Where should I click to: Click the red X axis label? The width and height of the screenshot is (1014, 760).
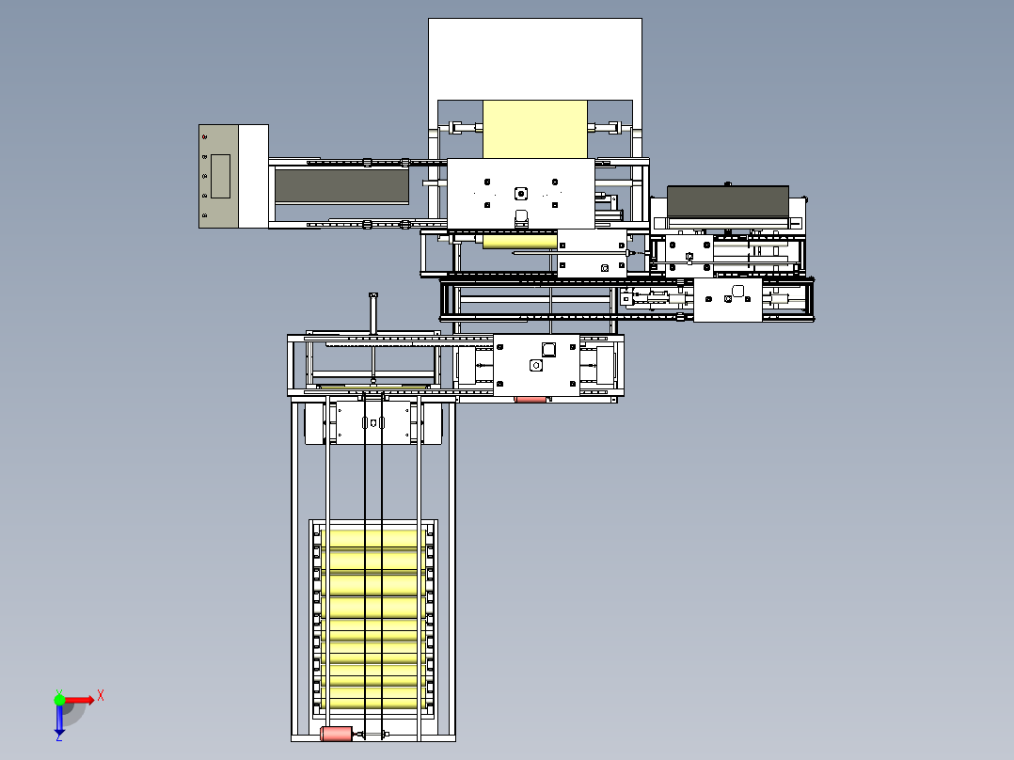pos(100,696)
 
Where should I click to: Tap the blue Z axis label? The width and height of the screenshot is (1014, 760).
pos(58,736)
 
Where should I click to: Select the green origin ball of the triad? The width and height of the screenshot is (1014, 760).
pos(59,700)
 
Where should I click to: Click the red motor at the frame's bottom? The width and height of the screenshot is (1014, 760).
pos(336,734)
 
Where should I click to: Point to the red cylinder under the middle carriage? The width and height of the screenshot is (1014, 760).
pos(531,400)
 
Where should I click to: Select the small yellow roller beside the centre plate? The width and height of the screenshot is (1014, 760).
pos(519,243)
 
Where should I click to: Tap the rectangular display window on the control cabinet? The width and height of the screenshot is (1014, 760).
pos(220,176)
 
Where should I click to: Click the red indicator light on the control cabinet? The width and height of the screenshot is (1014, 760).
pos(204,138)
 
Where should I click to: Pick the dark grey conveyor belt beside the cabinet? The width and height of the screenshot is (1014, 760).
pos(341,186)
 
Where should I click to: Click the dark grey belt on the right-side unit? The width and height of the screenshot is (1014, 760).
pos(727,200)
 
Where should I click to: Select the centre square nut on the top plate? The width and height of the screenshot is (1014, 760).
pos(520,194)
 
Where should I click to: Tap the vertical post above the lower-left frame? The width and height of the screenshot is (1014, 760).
pos(372,313)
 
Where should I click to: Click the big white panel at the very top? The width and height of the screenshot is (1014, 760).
pos(535,57)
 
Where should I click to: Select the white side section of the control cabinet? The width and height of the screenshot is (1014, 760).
pos(253,176)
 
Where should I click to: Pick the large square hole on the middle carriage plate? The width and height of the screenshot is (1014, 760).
pos(548,349)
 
